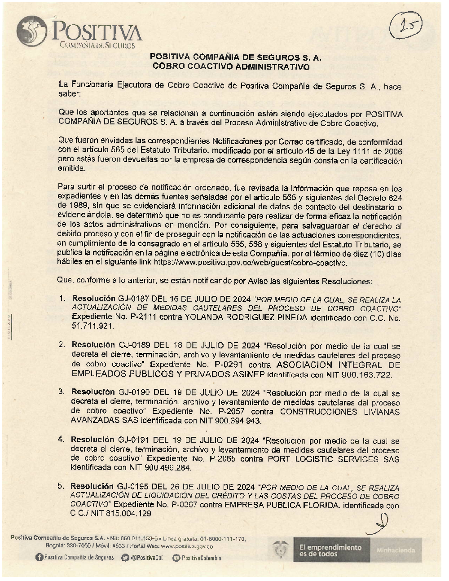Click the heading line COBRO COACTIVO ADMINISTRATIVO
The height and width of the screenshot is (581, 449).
pos(231,67)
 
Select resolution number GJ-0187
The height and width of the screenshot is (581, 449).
pos(134,299)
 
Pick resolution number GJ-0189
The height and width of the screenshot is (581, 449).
pos(134,346)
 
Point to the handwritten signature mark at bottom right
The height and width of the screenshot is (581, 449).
pos(380,524)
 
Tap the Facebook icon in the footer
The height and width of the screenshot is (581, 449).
pos(39,558)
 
